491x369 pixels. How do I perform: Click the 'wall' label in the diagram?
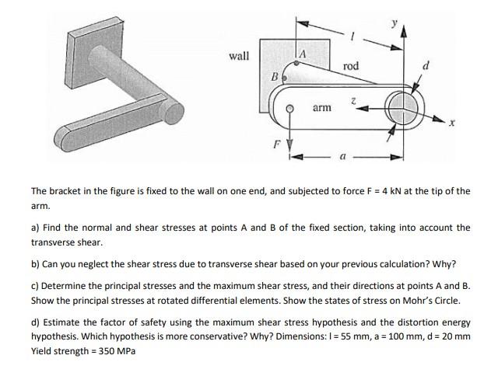(239, 56)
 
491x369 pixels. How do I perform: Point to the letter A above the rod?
(303, 52)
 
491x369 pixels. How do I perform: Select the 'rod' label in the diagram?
(350, 66)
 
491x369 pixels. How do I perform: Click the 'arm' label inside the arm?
(322, 109)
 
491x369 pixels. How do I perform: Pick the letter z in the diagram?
(353, 102)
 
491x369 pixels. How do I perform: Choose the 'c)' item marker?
(35, 284)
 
